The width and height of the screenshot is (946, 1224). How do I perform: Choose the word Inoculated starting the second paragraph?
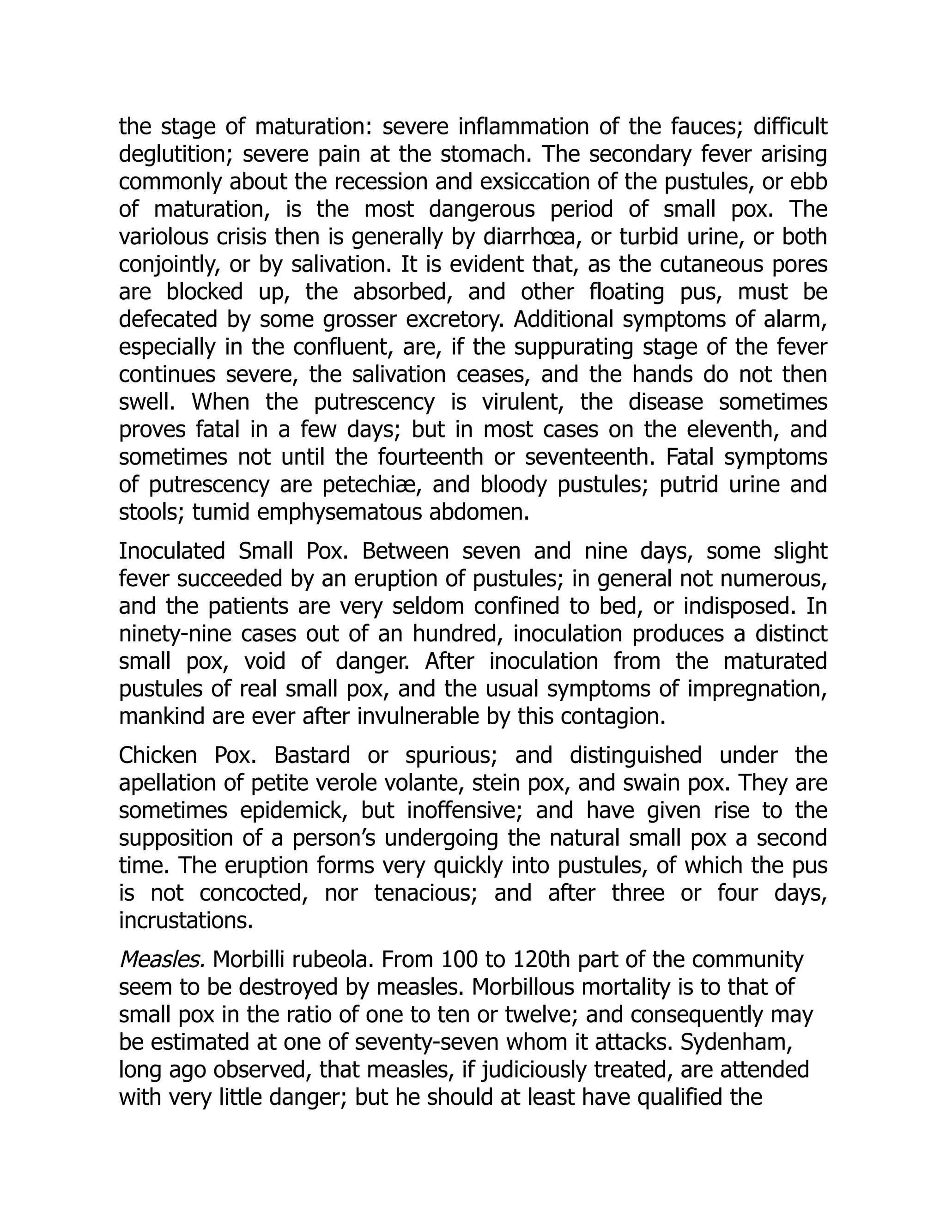point(171,551)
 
